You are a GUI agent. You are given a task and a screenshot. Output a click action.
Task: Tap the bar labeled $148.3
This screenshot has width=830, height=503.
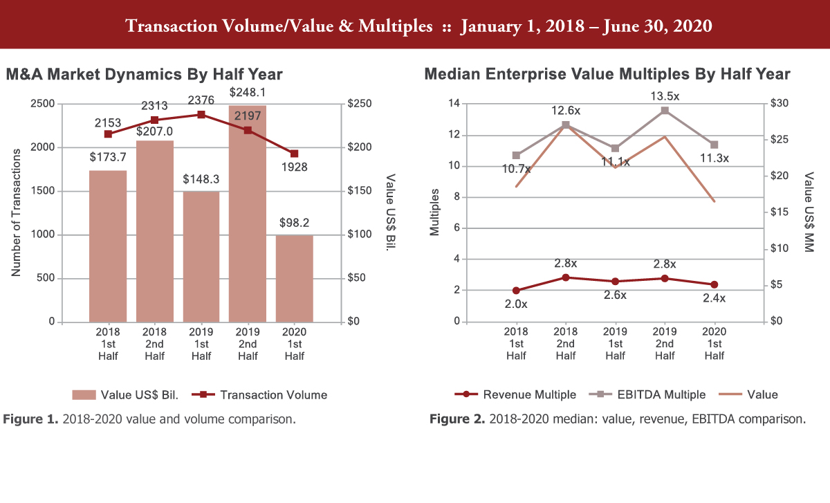click(x=201, y=257)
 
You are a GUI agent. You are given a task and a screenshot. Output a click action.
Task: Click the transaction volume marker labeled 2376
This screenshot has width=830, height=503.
click(x=201, y=114)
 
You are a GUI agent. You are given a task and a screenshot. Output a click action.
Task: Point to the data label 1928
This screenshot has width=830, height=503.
click(x=295, y=167)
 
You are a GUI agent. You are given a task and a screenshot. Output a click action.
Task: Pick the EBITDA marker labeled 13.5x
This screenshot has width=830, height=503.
click(x=665, y=110)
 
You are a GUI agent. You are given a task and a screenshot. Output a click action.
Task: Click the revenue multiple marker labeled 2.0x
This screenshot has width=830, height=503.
click(x=516, y=291)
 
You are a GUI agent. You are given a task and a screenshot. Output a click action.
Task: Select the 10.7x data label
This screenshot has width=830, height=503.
click(x=516, y=169)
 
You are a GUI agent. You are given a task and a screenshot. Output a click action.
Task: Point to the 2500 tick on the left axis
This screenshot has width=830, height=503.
click(x=42, y=104)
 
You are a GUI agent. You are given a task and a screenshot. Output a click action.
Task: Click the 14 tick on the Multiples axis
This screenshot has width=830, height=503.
click(x=455, y=104)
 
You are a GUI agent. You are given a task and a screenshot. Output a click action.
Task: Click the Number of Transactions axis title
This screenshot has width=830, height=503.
click(x=17, y=212)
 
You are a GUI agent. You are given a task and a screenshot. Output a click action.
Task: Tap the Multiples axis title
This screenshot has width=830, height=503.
click(x=434, y=212)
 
